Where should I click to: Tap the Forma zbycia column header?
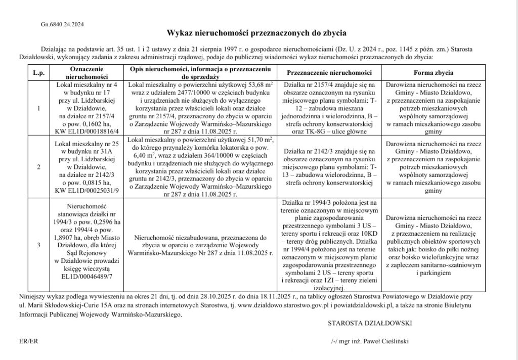433,72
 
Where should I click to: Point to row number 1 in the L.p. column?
38,108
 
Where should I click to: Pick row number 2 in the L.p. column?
38,166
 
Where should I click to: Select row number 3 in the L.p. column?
38,246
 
